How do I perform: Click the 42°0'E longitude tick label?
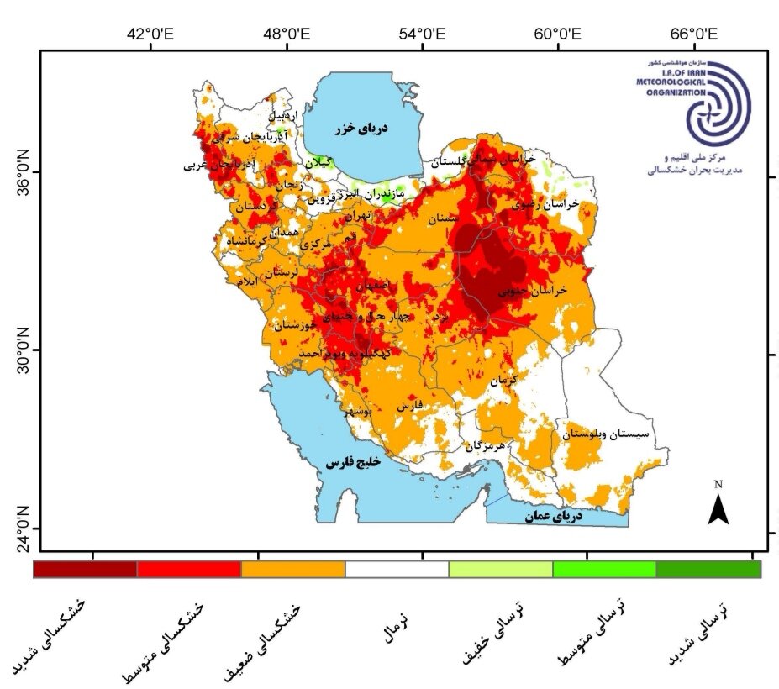150,34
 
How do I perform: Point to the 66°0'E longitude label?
694,34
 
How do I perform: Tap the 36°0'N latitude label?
21,168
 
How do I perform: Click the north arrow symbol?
718,507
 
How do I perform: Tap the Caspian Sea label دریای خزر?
363,129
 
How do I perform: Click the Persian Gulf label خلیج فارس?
354,462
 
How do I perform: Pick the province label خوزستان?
297,325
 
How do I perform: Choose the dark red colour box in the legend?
85,569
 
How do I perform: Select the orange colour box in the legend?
292,569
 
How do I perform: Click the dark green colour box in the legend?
708,569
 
